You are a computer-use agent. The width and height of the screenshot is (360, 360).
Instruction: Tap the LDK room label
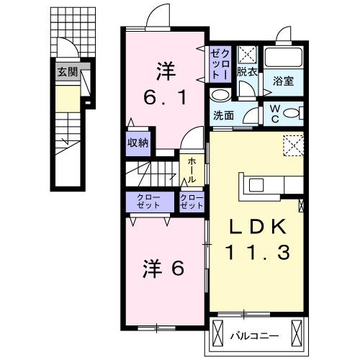[x=257, y=227]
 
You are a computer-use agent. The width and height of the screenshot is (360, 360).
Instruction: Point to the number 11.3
[x=257, y=252]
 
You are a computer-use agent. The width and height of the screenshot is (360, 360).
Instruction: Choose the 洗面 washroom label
[x=223, y=115]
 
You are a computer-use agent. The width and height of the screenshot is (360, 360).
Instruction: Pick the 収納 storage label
[x=138, y=143]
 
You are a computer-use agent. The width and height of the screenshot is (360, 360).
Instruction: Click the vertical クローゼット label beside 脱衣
[x=219, y=63]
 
